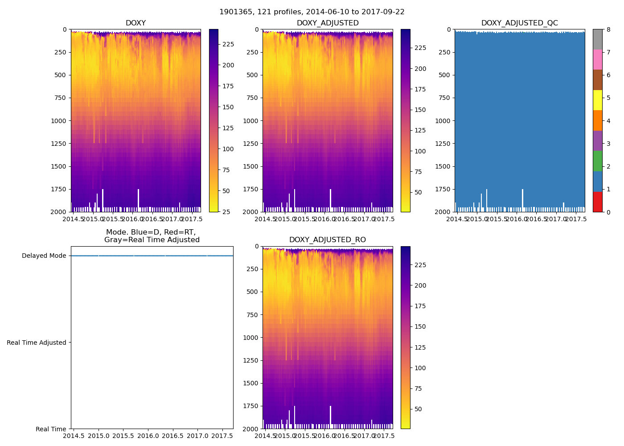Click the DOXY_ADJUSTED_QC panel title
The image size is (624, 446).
pos(519,23)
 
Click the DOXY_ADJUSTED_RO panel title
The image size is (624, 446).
pos(328,240)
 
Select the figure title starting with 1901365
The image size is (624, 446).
pos(312,12)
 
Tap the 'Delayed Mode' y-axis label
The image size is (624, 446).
pos(44,256)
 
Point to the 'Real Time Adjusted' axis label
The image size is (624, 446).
pos(37,343)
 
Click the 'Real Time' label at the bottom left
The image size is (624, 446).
pos(51,429)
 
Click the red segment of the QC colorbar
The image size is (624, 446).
pos(597,202)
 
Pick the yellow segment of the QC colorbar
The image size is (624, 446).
pos(597,100)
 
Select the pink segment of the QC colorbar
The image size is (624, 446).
pos(597,59)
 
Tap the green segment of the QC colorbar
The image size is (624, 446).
pos(597,161)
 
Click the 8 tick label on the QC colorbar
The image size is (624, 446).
pos(608,30)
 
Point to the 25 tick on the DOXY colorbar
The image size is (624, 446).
pos(226,212)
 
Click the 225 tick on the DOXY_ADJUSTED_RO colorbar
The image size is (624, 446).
pos(420,265)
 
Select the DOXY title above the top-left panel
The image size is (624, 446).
pos(135,23)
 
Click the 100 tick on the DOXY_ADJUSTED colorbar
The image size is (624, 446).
pos(420,151)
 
